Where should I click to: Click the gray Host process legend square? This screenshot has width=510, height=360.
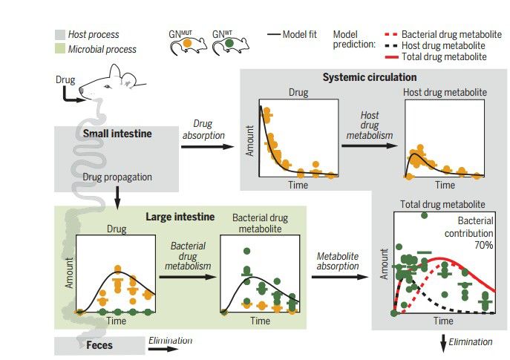[x=59, y=34]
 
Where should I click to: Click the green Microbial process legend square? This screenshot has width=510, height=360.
[x=59, y=49]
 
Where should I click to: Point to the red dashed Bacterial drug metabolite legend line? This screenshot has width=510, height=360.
[x=395, y=34]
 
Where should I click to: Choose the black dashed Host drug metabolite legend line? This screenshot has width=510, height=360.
[x=395, y=45]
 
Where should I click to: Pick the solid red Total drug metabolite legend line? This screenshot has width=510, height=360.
[x=395, y=56]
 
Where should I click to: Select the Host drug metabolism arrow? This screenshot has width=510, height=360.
[x=369, y=145]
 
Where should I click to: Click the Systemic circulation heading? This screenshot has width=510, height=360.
[x=369, y=77]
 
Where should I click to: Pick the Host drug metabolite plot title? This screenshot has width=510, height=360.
[x=445, y=93]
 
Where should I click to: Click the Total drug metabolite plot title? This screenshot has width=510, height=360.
[x=442, y=203]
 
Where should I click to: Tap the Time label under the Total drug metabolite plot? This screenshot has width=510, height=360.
[x=443, y=321]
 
